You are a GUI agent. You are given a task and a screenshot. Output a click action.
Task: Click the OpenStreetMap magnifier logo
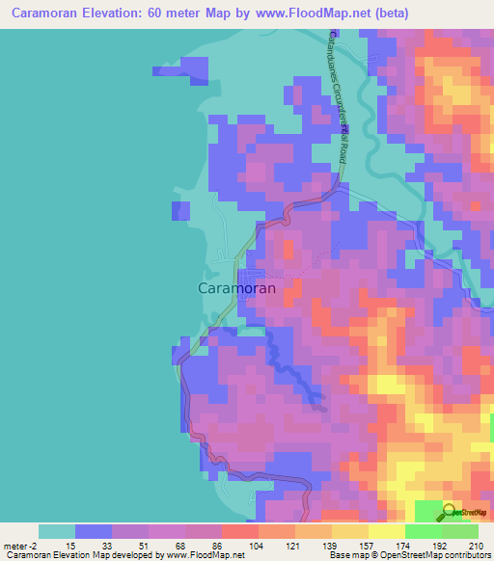click(450, 513)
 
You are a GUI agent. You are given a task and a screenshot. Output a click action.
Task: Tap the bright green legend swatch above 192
click(423, 531)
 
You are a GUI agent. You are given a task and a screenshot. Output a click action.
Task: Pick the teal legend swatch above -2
click(56, 531)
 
